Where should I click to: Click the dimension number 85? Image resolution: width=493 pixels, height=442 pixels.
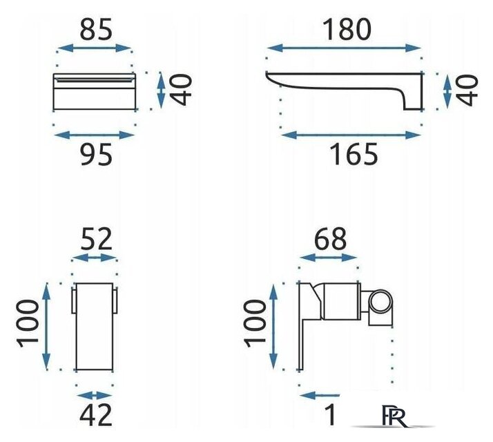(96, 30)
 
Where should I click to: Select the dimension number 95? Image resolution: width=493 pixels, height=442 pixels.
(96, 155)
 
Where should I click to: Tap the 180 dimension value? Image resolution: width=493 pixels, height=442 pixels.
(347, 30)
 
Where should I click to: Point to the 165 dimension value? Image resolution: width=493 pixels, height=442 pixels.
(354, 154)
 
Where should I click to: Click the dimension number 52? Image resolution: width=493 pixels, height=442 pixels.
(96, 239)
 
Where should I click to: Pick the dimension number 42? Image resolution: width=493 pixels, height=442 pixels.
(95, 414)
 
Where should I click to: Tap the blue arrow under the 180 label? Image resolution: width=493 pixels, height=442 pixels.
(344, 48)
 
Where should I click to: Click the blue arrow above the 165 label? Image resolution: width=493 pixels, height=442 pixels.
(351, 135)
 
